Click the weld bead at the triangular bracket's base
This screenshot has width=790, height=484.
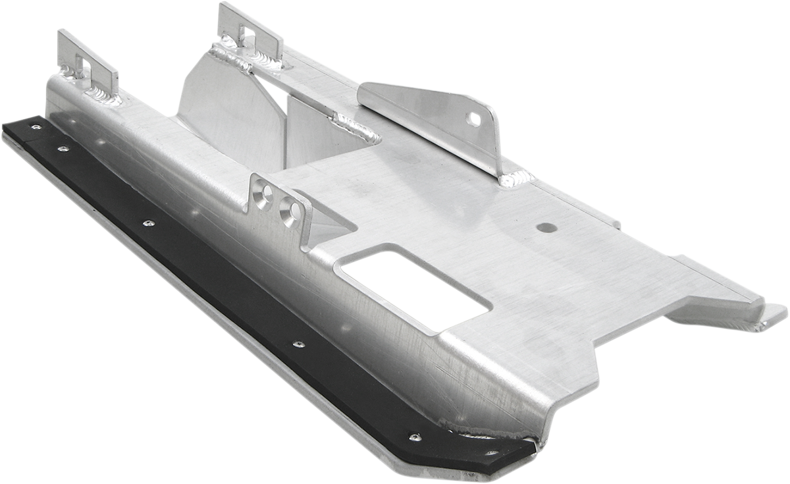tap(515, 178)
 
